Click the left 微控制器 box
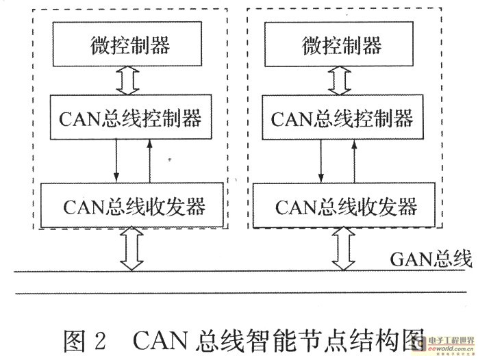point(129,46)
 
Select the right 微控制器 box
point(341,46)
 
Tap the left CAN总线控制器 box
point(130,118)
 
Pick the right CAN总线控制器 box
point(342,118)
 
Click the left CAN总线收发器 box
point(133,205)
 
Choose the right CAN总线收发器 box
point(344,205)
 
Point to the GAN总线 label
point(431,258)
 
